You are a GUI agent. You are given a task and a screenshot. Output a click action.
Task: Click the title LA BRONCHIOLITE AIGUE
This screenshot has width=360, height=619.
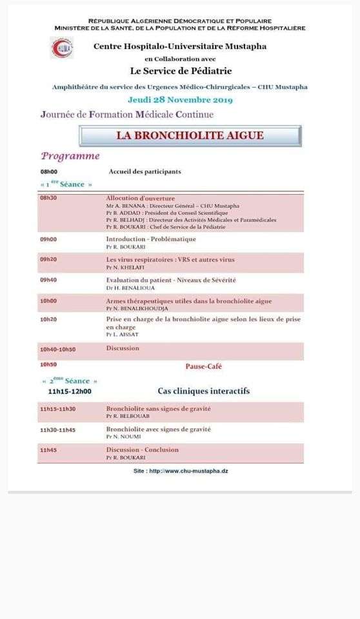tap(190, 136)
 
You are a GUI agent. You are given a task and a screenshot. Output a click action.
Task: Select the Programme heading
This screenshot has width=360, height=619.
tap(70, 156)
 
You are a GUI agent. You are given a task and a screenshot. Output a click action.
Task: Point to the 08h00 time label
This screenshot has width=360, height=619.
tap(49, 172)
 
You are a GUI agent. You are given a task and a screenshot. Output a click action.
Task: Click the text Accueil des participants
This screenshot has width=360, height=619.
tap(145, 172)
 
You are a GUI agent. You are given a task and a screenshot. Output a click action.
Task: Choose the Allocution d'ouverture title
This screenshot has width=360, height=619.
tap(140, 198)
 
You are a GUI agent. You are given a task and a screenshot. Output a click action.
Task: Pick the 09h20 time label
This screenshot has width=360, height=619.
tap(48, 259)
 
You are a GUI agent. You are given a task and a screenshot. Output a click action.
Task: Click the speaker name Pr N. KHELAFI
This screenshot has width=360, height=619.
tap(126, 267)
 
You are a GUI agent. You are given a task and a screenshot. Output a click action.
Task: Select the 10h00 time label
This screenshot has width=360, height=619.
tap(48, 300)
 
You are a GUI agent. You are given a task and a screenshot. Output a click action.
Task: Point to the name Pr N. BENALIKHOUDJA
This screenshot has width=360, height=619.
tap(135, 308)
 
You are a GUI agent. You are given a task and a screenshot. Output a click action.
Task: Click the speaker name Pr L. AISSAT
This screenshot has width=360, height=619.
tap(123, 334)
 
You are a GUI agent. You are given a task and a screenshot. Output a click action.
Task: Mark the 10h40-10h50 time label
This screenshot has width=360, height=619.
tap(57, 348)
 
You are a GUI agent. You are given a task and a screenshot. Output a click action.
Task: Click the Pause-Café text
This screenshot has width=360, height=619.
tap(204, 366)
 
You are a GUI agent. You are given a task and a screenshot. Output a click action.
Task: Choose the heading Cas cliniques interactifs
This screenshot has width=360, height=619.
tap(203, 391)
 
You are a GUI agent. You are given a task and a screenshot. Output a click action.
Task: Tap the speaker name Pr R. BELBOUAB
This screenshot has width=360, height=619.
tap(128, 416)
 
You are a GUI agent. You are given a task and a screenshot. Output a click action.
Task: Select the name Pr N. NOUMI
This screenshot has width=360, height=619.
tap(123, 437)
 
